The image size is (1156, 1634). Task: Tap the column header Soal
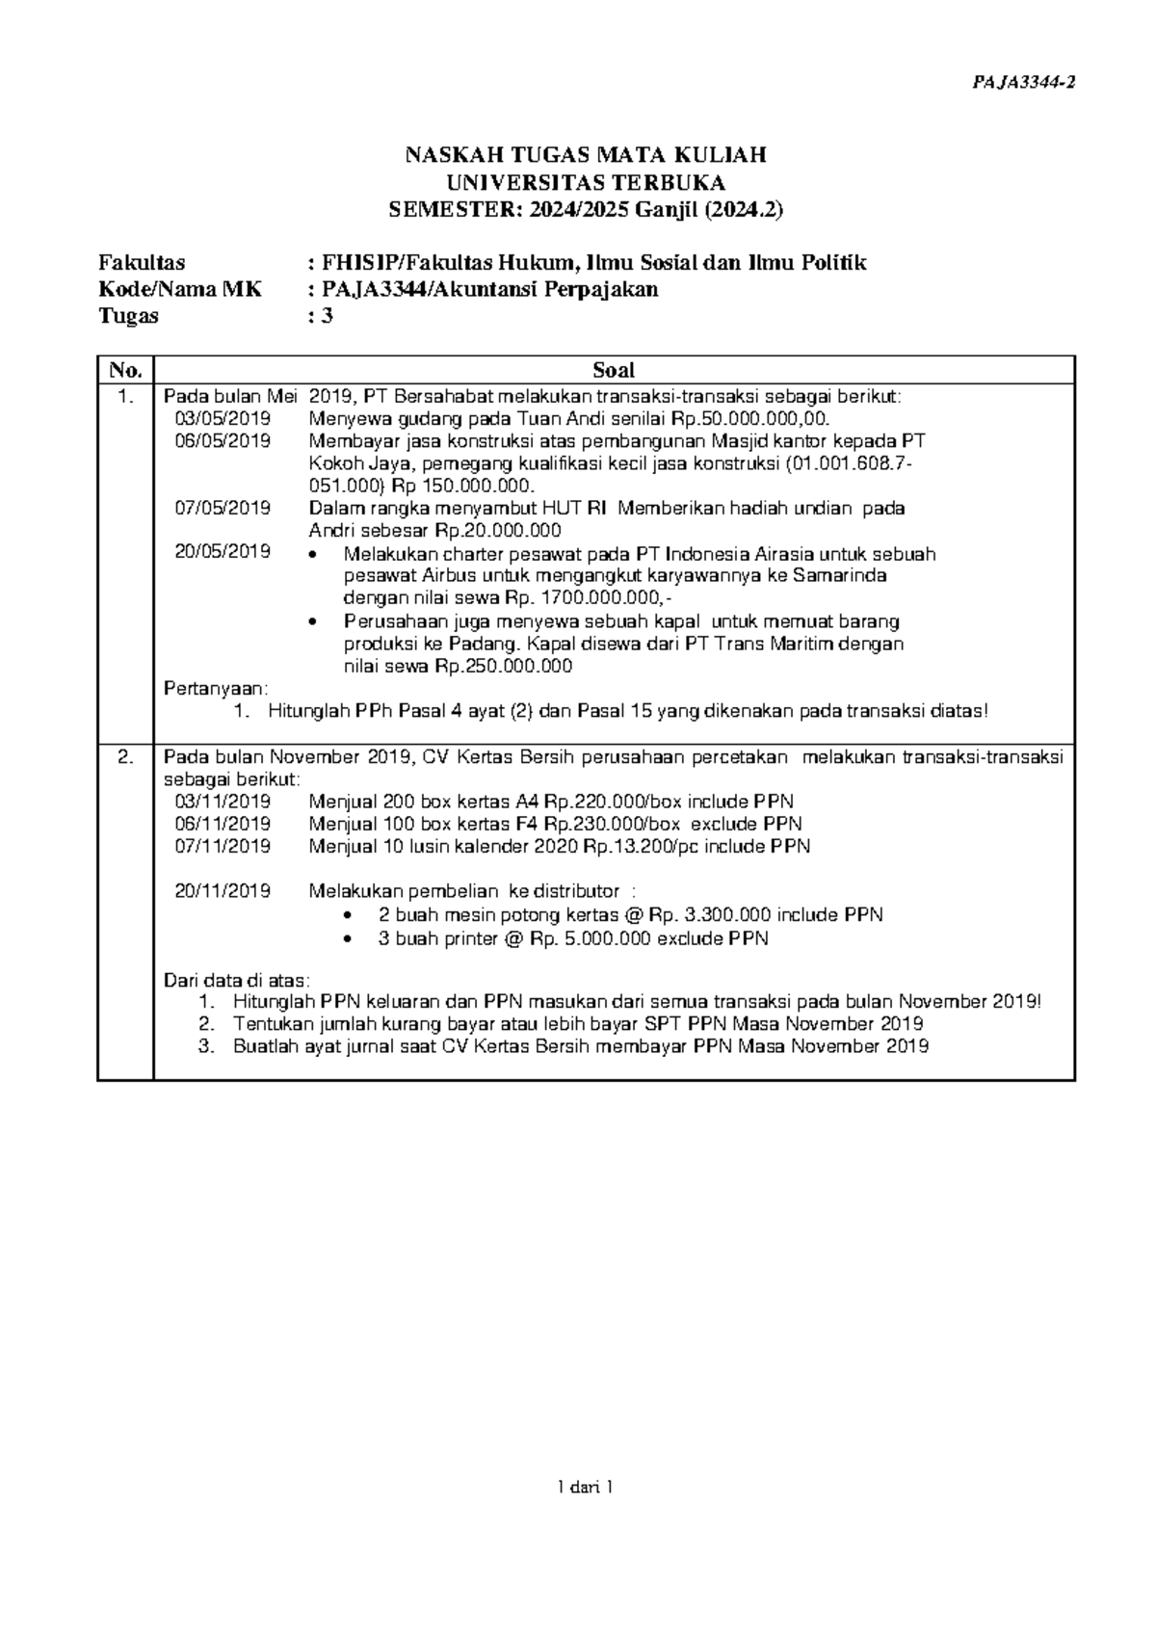pyautogui.click(x=614, y=370)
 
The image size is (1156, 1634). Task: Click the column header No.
pyautogui.click(x=125, y=370)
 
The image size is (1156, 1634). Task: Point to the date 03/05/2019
pyautogui.click(x=223, y=418)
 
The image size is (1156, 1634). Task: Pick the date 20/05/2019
pyautogui.click(x=223, y=552)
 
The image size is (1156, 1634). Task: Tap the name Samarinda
pyautogui.click(x=846, y=575)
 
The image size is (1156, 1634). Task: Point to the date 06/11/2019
pyautogui.click(x=223, y=824)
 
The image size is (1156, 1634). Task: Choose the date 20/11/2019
pyautogui.click(x=223, y=891)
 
